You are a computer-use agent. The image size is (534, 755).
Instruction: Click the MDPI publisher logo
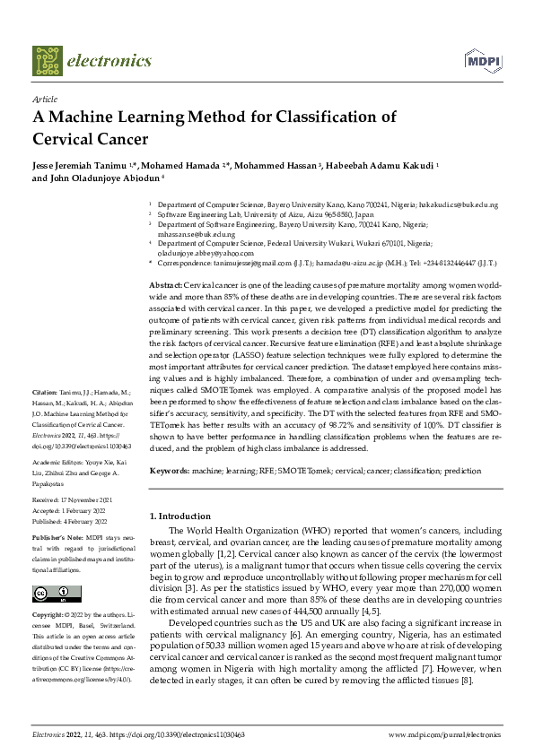pos(481,60)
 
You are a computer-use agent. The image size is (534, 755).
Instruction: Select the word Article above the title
pos(44,100)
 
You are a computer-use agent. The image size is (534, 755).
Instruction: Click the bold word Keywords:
pos(168,470)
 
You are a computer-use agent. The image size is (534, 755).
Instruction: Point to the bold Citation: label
pos(45,418)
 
